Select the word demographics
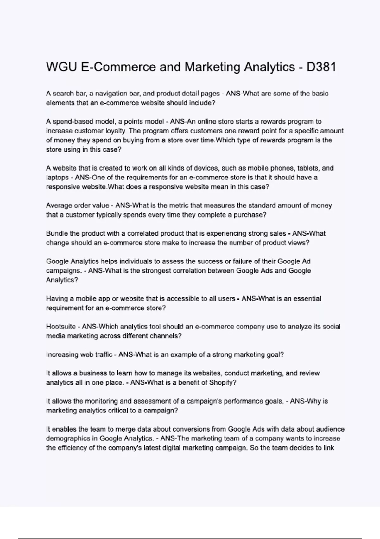click(72, 438)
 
